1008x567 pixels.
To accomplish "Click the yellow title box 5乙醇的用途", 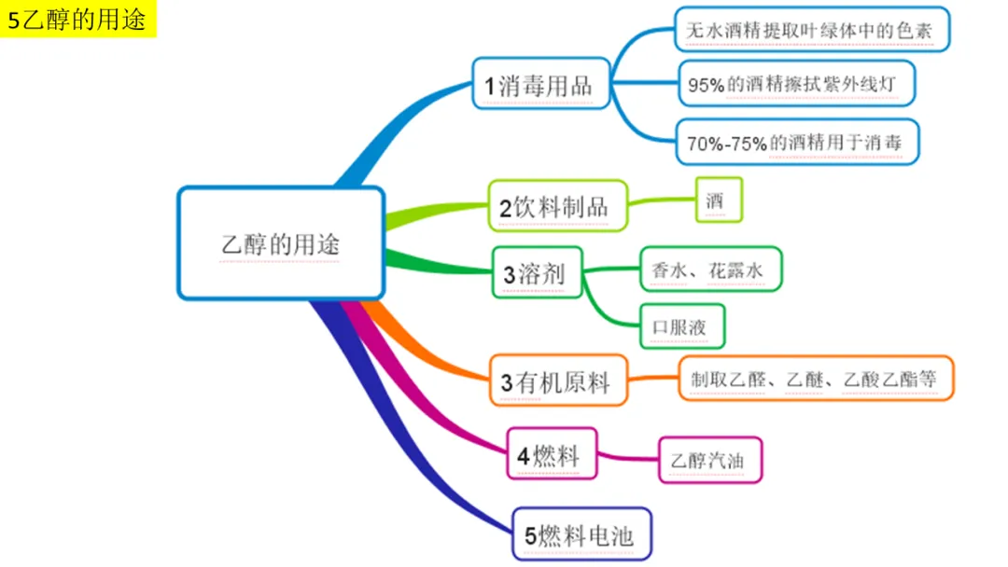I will click(78, 20).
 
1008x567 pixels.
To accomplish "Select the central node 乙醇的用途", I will click(281, 244).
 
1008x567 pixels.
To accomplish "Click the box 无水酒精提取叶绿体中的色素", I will click(815, 30).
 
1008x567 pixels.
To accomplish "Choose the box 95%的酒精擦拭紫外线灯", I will click(795, 84).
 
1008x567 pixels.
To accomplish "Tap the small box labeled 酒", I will click(718, 200).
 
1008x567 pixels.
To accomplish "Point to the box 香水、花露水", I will click(709, 270).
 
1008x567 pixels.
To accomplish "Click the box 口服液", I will click(682, 326).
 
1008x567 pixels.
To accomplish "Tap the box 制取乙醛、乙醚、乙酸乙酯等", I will click(816, 379).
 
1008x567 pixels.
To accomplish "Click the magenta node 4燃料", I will click(551, 454).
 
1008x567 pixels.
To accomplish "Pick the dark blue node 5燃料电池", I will click(581, 535).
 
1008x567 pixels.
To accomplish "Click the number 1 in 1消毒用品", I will click(489, 87).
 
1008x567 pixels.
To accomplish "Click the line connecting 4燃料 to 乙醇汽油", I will click(627, 458).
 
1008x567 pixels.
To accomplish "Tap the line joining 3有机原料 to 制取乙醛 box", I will click(653, 380).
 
